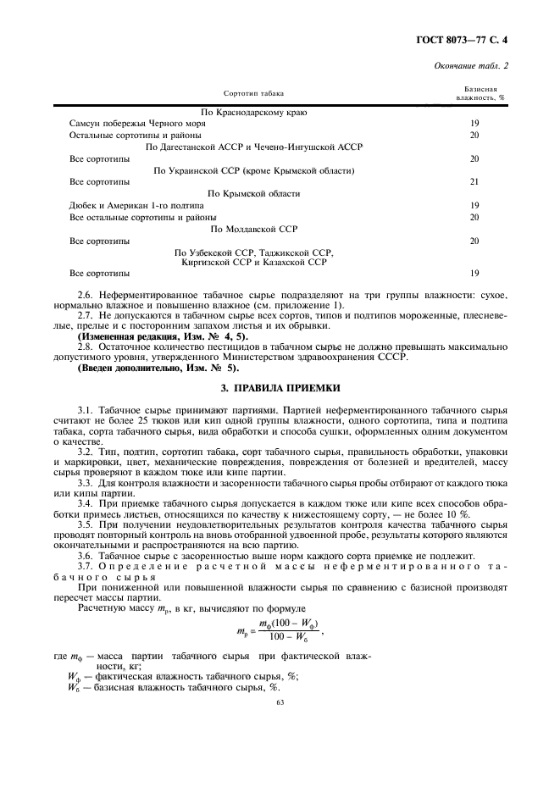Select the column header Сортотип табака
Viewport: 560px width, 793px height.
[254, 92]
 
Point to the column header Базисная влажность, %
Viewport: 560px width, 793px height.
[480, 92]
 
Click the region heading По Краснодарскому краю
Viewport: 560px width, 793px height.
[253, 112]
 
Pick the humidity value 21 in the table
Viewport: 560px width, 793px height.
[474, 182]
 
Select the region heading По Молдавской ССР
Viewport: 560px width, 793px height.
[253, 229]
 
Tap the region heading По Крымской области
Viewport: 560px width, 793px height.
[253, 194]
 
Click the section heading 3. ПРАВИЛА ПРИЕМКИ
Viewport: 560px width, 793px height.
[280, 388]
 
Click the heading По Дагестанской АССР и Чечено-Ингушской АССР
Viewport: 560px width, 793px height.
[253, 147]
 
